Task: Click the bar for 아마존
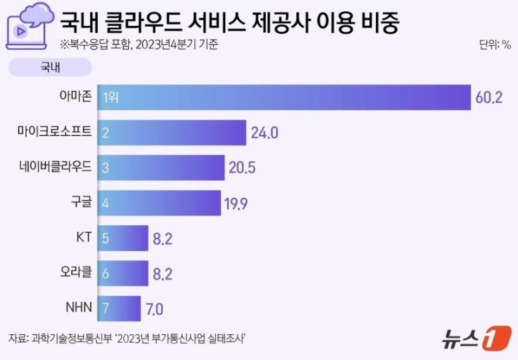click(284, 98)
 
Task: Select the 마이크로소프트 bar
click(171, 133)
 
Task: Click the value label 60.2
click(489, 98)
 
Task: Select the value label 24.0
click(264, 133)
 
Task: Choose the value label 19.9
click(236, 203)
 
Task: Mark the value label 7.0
click(155, 309)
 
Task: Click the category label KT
click(83, 238)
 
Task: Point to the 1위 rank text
click(110, 98)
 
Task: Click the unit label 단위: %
click(495, 45)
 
